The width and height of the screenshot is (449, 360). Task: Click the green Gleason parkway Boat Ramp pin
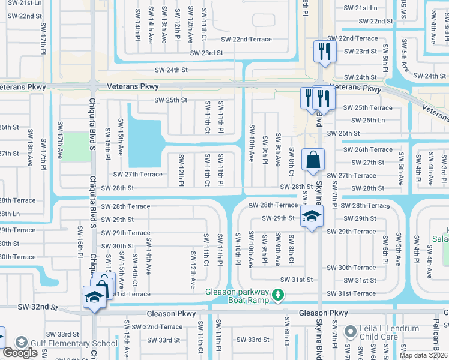coord(277,295)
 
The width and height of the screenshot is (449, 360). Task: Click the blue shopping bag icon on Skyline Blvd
coord(313,161)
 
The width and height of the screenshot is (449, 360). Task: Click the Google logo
coord(20,353)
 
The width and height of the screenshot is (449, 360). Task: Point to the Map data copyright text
coord(423,355)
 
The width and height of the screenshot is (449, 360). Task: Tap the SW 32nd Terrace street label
coord(157,327)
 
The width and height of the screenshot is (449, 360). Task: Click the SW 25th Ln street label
coord(364,121)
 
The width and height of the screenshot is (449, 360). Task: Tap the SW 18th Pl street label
coord(29,155)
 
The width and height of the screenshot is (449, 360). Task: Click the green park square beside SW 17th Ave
coord(74,146)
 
